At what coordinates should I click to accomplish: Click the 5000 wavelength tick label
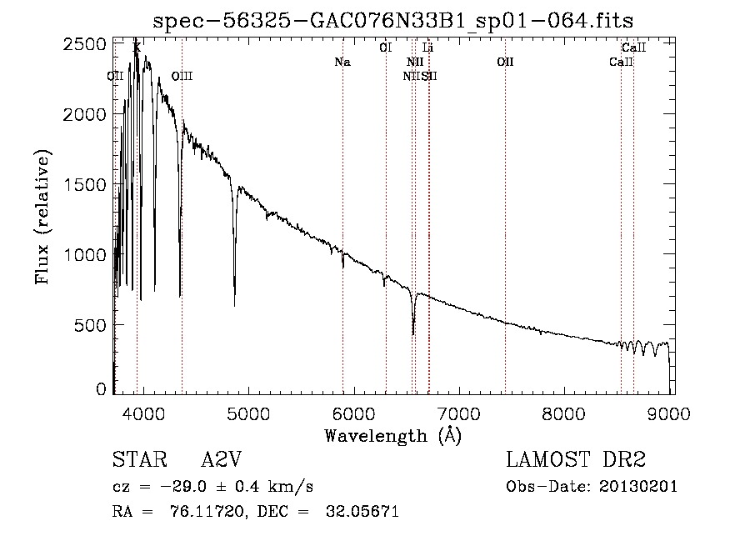(x=248, y=412)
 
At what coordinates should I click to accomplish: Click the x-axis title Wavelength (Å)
(x=392, y=434)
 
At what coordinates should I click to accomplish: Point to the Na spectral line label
(x=342, y=63)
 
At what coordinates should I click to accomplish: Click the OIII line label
(x=182, y=77)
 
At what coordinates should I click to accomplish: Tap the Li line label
(x=427, y=48)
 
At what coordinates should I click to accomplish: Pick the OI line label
(x=385, y=48)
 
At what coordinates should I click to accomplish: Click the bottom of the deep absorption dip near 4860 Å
(x=234, y=305)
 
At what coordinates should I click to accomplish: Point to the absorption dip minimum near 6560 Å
(x=413, y=334)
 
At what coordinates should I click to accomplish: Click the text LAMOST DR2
(x=576, y=460)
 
